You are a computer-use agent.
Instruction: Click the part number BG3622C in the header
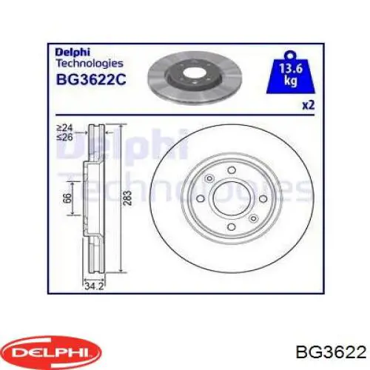pos(90,79)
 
